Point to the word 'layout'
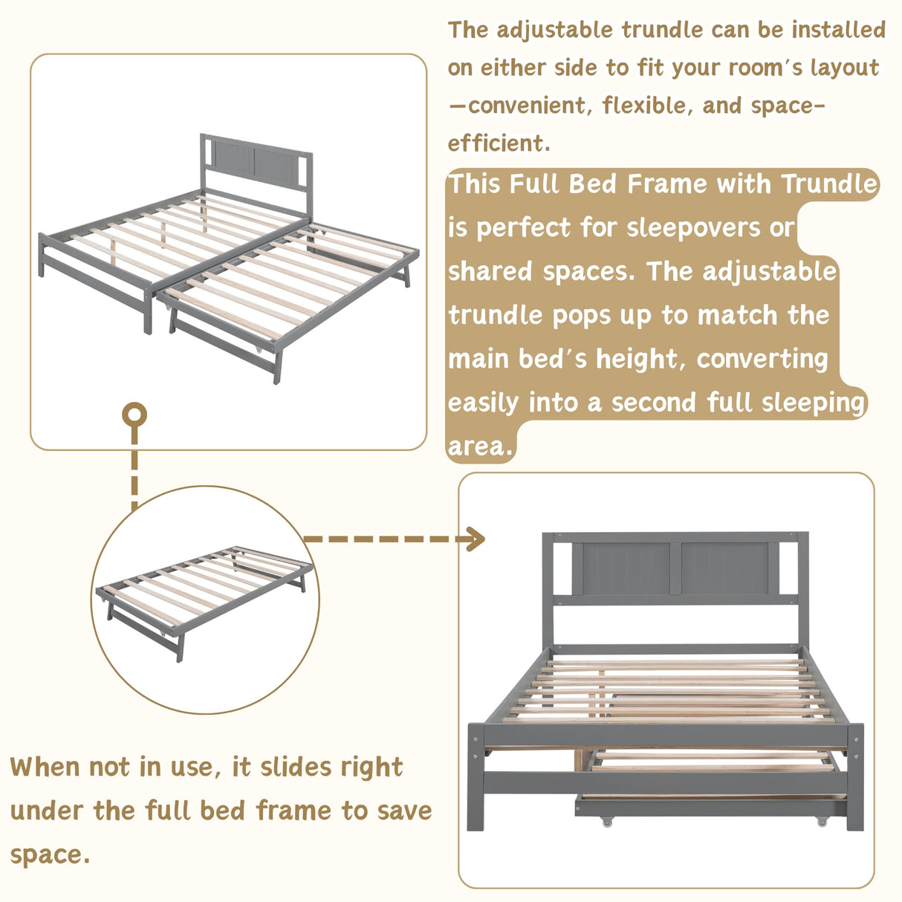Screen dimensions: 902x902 [x=845, y=68]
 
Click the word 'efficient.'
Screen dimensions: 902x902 [x=499, y=143]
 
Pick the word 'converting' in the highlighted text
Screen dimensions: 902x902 [x=762, y=359]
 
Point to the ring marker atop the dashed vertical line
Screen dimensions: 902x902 [x=134, y=415]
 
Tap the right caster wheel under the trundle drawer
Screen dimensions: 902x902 [x=821, y=821]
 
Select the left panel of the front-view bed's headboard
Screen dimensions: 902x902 [x=621, y=568]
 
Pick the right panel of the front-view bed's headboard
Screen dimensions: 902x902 [x=724, y=568]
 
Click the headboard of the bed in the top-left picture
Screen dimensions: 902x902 [x=256, y=160]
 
